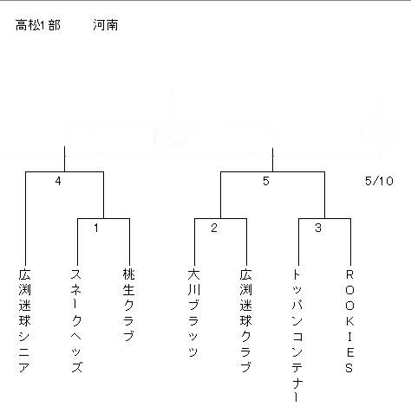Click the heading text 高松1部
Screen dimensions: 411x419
click(38, 25)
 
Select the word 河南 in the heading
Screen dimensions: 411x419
click(106, 25)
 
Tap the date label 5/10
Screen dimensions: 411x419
click(379, 181)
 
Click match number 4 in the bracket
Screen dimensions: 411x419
click(58, 181)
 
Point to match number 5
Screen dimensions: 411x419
click(266, 181)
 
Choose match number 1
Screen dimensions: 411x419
click(96, 228)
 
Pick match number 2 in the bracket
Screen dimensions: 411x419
click(214, 228)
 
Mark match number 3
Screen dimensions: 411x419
click(318, 228)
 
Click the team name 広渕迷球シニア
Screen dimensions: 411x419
click(25, 320)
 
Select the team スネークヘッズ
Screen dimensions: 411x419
click(76, 320)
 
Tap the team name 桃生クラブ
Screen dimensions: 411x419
click(128, 305)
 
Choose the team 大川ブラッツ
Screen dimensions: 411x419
click(193, 313)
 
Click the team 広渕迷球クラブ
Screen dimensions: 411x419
click(245, 320)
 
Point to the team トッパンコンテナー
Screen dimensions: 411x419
click(297, 336)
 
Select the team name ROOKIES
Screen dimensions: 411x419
click(349, 321)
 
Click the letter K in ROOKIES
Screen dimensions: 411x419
click(349, 321)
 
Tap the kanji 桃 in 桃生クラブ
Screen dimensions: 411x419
click(128, 274)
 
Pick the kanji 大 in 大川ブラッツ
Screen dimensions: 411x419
click(193, 274)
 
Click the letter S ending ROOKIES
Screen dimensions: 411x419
click(349, 368)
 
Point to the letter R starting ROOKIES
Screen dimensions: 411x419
click(349, 274)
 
